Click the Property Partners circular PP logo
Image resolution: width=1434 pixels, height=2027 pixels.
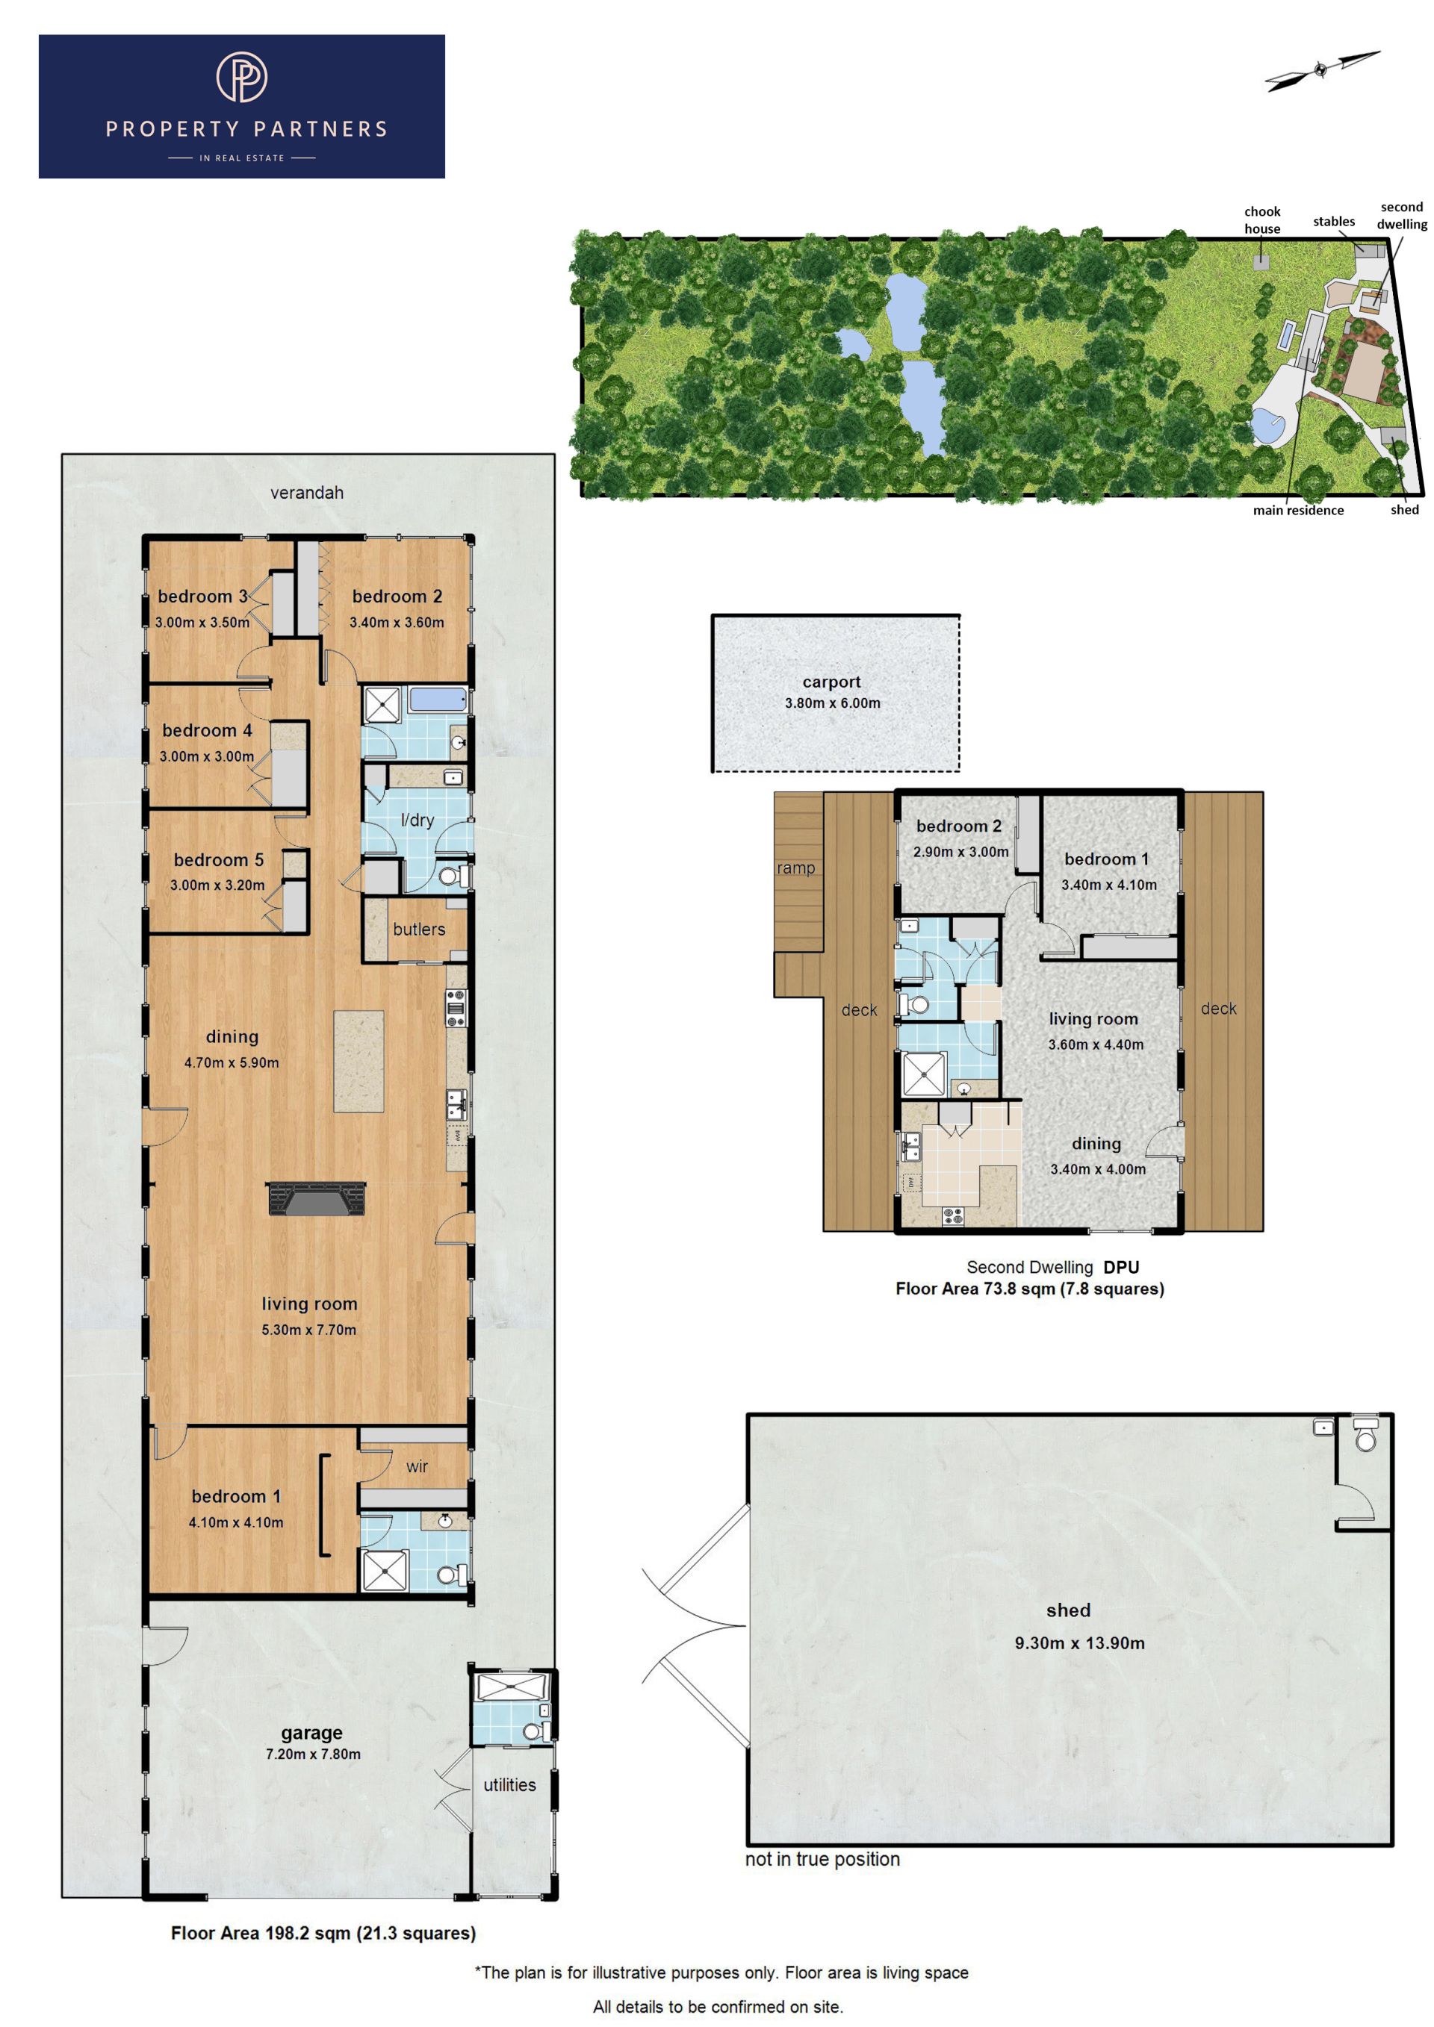(242, 77)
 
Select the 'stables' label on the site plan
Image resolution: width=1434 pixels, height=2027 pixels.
(1333, 222)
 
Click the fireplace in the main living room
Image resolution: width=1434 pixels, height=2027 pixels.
(316, 1199)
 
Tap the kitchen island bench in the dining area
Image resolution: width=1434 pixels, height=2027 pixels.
(358, 1061)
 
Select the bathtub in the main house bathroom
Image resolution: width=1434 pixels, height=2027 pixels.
(438, 700)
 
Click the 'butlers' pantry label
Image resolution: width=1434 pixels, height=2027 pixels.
(420, 930)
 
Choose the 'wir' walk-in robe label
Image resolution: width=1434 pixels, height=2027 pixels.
(417, 1466)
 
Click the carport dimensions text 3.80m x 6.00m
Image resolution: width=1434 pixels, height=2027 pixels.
(833, 703)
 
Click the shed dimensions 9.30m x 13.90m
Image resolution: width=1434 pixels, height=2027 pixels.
(1079, 1643)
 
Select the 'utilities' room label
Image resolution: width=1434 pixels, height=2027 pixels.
(509, 1785)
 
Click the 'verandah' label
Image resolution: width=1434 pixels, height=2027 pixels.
(306, 493)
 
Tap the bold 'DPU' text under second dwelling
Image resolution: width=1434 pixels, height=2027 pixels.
(1120, 1267)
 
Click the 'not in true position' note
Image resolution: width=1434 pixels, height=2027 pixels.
(822, 1859)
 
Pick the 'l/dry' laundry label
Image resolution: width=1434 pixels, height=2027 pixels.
(418, 821)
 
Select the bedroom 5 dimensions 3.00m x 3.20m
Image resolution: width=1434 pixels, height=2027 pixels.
(217, 885)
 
